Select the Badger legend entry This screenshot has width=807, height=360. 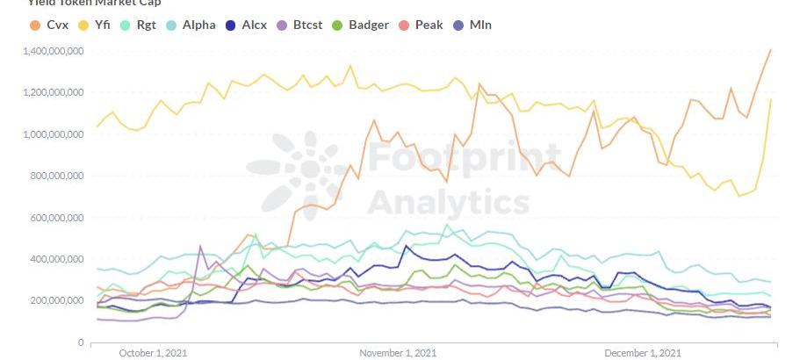[361, 25]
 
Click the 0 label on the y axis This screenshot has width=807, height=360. [80, 342]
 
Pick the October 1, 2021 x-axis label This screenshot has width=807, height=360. [153, 353]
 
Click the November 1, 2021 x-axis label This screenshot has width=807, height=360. [398, 353]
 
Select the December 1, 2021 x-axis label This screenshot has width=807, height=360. [642, 353]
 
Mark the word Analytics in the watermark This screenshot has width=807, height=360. [448, 201]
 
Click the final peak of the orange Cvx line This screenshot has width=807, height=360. [770, 50]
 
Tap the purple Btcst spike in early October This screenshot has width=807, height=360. [201, 247]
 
